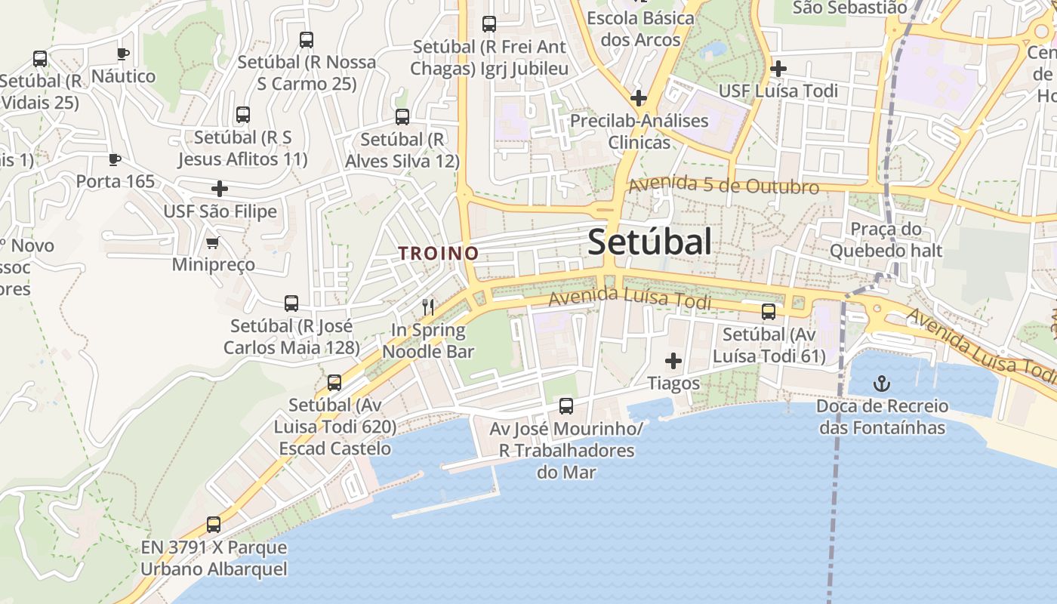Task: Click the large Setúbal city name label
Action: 649,242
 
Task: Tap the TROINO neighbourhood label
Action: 439,254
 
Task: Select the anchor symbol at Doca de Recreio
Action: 881,384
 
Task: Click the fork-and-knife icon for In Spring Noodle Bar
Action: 428,307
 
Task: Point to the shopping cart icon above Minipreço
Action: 213,242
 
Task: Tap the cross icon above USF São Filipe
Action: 220,188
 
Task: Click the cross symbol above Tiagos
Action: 673,361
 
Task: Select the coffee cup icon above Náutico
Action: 123,54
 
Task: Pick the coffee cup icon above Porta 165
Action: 114,159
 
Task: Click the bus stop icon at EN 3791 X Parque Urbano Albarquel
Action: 214,525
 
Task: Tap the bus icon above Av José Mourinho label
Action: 566,406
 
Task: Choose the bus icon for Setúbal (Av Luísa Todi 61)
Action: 769,311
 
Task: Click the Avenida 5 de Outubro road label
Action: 723,186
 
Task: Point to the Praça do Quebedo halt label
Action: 886,239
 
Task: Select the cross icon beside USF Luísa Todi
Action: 778,69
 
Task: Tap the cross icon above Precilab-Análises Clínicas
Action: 639,97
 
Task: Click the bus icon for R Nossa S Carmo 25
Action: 307,40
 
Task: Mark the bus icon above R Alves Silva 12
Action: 402,117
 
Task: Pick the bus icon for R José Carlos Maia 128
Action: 291,304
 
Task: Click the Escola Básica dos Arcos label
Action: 639,28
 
